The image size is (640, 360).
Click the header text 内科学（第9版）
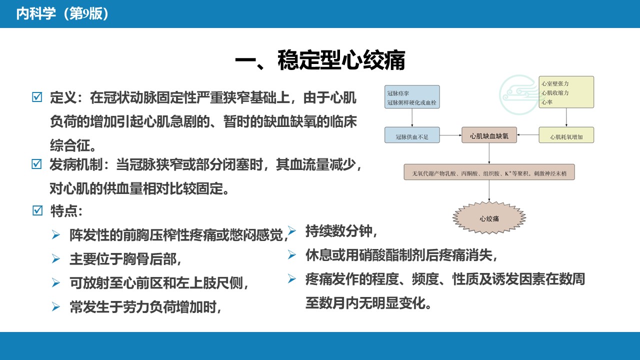[x=62, y=13]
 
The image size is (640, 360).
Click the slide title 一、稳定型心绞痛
[x=320, y=60]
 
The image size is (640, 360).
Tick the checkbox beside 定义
[x=37, y=97]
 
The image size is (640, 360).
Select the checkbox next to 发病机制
[x=36, y=164]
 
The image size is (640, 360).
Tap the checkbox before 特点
[x=37, y=210]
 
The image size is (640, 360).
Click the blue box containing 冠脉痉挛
[x=412, y=97]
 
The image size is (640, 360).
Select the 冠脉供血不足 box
[x=412, y=135]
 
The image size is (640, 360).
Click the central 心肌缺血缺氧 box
[x=489, y=135]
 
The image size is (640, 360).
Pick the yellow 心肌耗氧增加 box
[x=566, y=135]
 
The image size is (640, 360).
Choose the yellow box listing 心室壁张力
[x=566, y=92]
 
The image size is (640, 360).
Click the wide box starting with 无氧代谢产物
[x=489, y=172]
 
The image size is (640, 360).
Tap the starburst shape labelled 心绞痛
[x=489, y=217]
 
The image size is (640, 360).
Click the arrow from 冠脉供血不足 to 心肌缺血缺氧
[x=450, y=135]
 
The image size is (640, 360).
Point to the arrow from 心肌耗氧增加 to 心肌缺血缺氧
[x=528, y=134]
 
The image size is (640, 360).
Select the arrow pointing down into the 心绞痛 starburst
[x=489, y=190]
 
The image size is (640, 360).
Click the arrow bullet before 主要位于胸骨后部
[x=55, y=259]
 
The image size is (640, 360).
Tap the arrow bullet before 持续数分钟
[x=291, y=230]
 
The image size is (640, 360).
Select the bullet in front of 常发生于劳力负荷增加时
[x=55, y=306]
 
